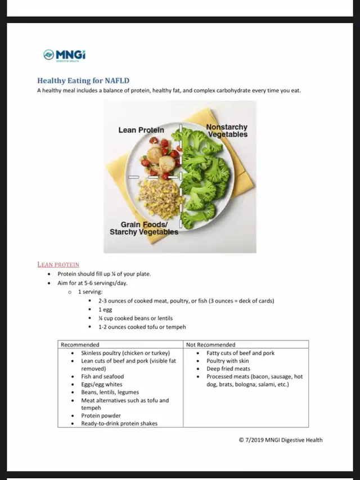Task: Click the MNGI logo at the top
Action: point(64,55)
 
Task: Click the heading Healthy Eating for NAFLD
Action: point(83,80)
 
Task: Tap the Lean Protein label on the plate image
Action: point(141,130)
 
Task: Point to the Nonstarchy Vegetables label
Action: point(227,131)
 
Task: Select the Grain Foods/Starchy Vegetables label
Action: point(144,228)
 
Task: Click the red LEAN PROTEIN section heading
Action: point(58,264)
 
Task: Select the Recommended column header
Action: point(80,344)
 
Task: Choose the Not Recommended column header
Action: point(211,344)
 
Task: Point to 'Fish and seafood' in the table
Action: point(102,376)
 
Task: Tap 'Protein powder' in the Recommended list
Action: point(101,416)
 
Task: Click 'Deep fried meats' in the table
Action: point(228,369)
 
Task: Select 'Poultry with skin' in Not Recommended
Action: point(227,361)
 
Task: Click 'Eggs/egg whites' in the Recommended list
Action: point(101,384)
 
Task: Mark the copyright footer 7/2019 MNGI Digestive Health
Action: point(281,440)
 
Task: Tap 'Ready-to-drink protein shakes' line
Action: point(119,423)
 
